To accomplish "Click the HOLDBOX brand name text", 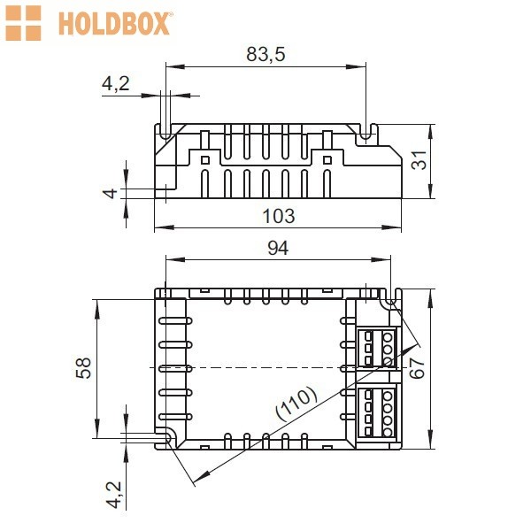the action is tap(114, 23).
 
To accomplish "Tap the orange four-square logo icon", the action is tap(23, 23).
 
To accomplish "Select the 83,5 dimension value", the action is tap(265, 54).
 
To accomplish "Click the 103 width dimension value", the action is tap(279, 216).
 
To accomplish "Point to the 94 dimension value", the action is tap(278, 248).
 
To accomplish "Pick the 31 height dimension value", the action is tap(419, 160).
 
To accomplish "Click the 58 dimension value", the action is tap(83, 368).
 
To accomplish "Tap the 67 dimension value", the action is tap(417, 367).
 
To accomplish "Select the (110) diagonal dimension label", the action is tap(296, 403).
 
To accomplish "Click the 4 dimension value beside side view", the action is tap(111, 193).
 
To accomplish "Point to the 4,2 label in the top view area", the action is tap(116, 83).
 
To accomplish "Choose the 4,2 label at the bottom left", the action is tap(114, 495).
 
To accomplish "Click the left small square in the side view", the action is tap(205, 160).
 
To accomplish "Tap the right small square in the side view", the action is tap(327, 160).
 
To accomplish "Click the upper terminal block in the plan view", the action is tap(377, 348).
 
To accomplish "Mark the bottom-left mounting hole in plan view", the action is tap(166, 438).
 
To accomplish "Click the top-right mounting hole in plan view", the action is tap(391, 301).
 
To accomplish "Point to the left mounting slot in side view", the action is tap(165, 132).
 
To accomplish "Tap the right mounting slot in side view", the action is tap(366, 132).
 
